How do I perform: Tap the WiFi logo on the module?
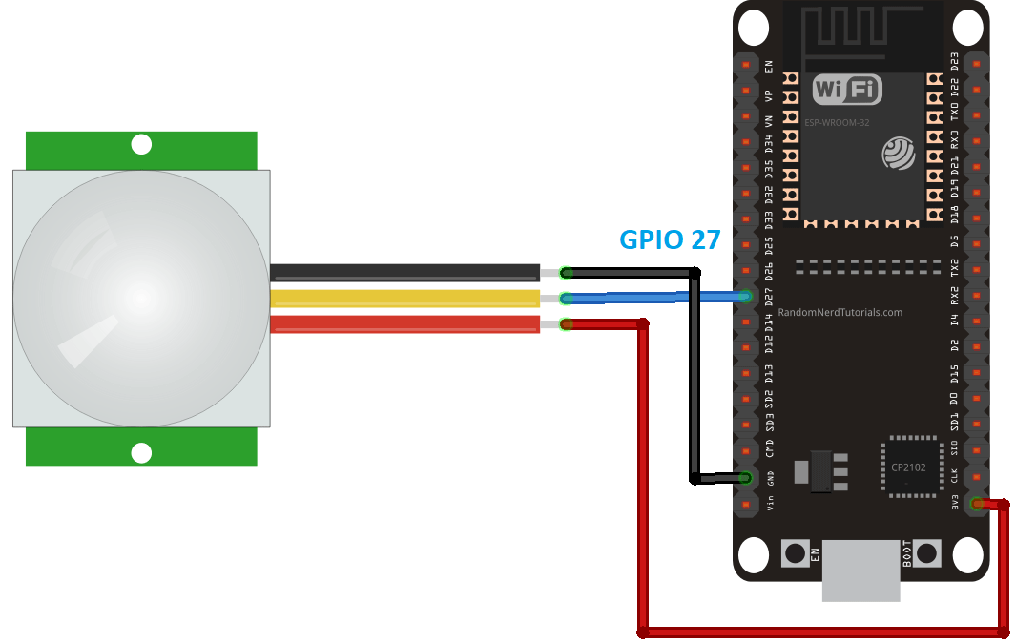tap(846, 91)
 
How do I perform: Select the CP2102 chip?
tap(910, 467)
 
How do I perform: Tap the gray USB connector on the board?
tap(860, 570)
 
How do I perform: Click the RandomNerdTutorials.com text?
tap(840, 312)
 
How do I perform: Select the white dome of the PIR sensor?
tap(141, 299)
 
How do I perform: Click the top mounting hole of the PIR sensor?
tap(141, 145)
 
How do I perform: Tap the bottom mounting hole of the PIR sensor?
tap(141, 453)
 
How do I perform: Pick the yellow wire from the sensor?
tap(404, 299)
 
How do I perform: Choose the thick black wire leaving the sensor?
tap(404, 273)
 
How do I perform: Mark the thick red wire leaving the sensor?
tap(404, 324)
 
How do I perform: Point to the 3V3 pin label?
tap(955, 503)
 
